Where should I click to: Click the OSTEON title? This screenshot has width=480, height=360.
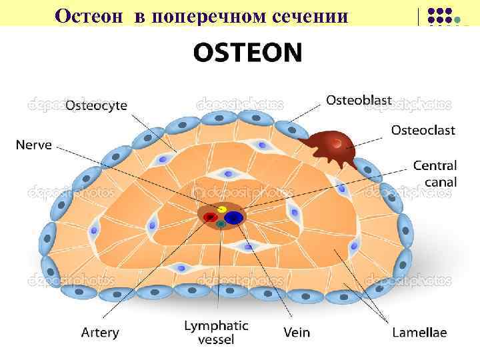[247, 52]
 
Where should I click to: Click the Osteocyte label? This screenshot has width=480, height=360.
[96, 106]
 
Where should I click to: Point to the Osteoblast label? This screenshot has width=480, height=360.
[359, 100]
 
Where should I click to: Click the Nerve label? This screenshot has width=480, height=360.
[33, 145]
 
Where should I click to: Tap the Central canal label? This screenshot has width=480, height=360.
[435, 173]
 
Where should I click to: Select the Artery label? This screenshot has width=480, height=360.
[100, 331]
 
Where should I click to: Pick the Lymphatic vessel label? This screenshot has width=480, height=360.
[216, 332]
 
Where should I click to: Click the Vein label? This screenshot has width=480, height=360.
[296, 331]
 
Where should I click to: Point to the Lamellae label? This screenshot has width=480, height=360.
[419, 331]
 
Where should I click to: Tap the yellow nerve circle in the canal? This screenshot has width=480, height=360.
[222, 209]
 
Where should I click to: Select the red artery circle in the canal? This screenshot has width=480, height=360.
[211, 217]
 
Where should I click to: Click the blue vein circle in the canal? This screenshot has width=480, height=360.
[233, 217]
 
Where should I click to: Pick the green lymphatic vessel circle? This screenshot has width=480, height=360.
[221, 224]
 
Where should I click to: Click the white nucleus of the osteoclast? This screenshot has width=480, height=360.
[339, 143]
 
